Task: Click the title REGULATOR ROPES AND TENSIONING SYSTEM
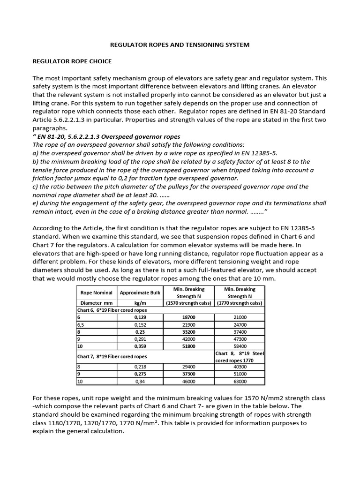(180, 45)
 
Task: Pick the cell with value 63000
(240, 382)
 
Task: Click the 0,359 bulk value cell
(140, 346)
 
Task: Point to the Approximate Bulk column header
(140, 293)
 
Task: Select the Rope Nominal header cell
(97, 293)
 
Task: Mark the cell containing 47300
(240, 339)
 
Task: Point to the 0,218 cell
(140, 367)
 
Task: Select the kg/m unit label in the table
(140, 303)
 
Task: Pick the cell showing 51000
(240, 375)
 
